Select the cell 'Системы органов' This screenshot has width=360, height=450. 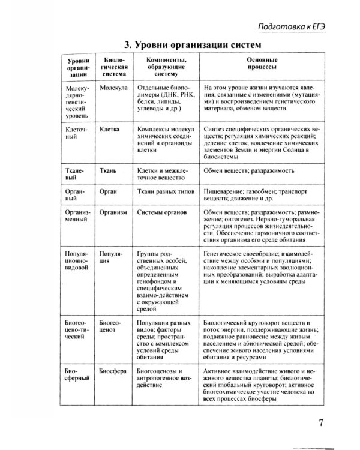pyautogui.click(x=162, y=212)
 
